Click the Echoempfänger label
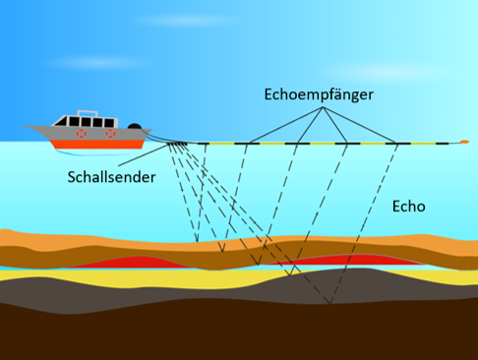(319, 94)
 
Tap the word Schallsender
(111, 177)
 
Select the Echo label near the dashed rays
(409, 207)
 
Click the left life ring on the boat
(82, 133)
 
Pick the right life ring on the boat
(110, 133)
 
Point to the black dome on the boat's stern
(135, 126)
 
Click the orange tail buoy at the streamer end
(464, 142)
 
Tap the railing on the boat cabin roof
(88, 112)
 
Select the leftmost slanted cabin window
(61, 121)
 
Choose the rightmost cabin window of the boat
(109, 123)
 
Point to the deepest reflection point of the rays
(330, 303)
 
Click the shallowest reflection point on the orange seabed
(197, 242)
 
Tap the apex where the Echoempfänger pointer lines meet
(323, 107)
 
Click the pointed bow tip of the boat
(25, 126)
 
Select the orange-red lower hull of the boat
(97, 145)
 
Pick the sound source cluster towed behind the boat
(177, 144)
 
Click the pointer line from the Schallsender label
(144, 155)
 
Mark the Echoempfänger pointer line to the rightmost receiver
(359, 125)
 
